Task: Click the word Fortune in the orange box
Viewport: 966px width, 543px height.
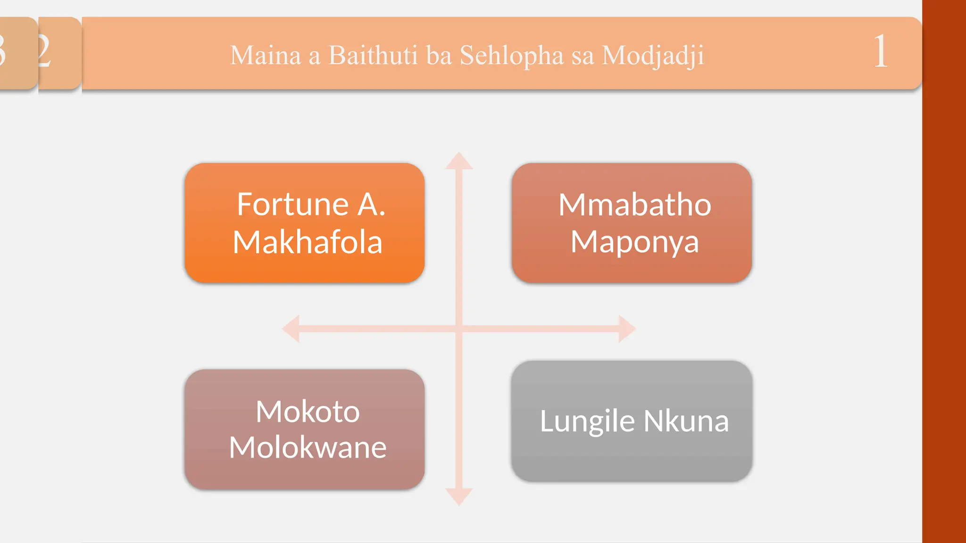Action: (292, 205)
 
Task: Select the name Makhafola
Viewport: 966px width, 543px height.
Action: (308, 242)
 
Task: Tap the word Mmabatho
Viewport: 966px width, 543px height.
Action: (634, 205)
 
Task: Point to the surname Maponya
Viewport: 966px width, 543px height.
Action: (634, 242)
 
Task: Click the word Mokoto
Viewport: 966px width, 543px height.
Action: (308, 411)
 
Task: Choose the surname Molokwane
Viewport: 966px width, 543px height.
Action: (308, 447)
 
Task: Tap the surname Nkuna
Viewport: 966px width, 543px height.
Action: (686, 421)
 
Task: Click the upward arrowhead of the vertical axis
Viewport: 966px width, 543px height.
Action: (459, 161)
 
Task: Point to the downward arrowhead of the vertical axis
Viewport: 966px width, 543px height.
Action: (459, 496)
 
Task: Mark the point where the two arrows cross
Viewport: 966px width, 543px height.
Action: (459, 329)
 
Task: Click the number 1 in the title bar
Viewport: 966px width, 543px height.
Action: (880, 52)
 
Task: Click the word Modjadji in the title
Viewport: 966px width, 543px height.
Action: (653, 56)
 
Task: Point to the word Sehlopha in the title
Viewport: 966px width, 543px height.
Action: (512, 56)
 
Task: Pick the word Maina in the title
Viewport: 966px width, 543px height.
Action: (266, 56)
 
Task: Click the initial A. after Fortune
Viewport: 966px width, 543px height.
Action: (371, 205)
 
